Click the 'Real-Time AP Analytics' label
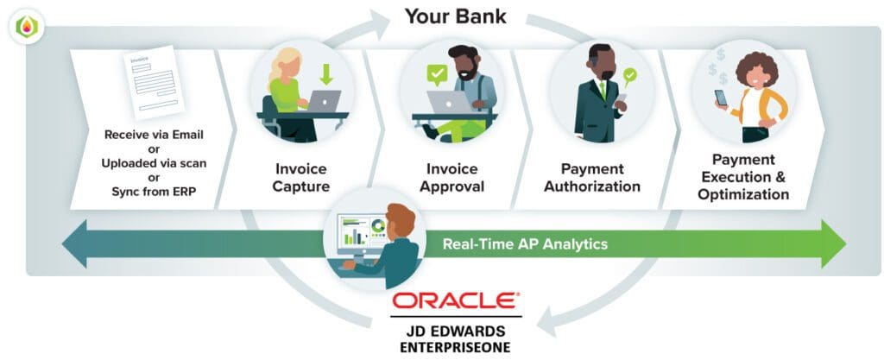point(525,243)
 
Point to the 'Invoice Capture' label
point(302,177)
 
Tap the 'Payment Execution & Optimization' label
point(743,177)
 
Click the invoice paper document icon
point(155,82)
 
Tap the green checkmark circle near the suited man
point(630,75)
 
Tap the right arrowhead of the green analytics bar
point(832,243)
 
